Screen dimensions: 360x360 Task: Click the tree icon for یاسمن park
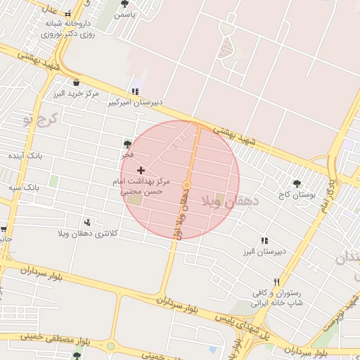tap(124, 4)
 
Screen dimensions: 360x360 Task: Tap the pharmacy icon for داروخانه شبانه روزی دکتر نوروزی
tap(67, 14)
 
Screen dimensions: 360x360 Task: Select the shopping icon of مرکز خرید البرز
tap(76, 82)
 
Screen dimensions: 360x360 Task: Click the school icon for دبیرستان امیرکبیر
tap(135, 91)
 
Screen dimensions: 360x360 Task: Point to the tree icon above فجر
tap(127, 143)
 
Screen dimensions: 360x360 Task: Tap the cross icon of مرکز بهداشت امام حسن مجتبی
tap(141, 170)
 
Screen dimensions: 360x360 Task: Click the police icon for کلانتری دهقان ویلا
tap(88, 221)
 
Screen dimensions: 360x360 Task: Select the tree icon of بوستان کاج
tap(297, 184)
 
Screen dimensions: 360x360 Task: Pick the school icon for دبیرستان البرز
tap(264, 240)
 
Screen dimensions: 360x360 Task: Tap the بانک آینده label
tap(26, 155)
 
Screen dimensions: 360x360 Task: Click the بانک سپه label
tap(24, 188)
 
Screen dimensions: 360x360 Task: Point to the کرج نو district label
tap(39, 120)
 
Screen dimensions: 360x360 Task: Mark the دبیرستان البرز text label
tap(263, 251)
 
